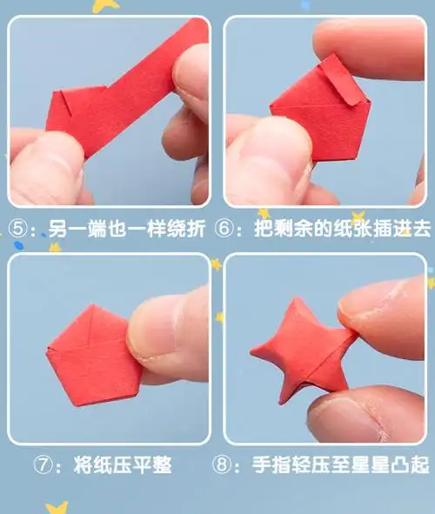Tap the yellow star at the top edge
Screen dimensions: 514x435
(x=105, y=5)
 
